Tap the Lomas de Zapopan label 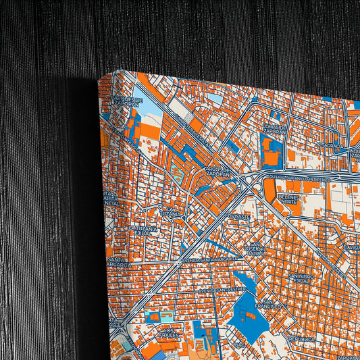(x=277, y=128)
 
